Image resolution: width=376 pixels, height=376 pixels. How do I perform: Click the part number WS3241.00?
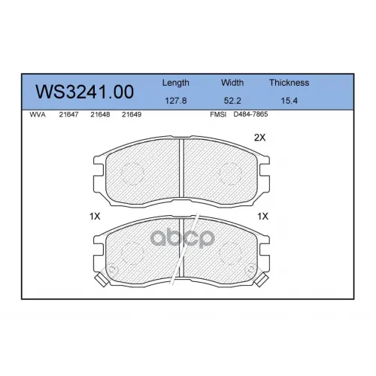click(x=84, y=92)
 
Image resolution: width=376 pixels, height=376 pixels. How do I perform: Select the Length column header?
click(x=175, y=83)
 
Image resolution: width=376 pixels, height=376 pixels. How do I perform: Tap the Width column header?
click(x=232, y=83)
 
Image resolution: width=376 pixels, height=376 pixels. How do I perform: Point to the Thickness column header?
click(x=289, y=83)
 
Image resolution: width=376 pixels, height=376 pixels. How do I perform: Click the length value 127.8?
click(x=176, y=101)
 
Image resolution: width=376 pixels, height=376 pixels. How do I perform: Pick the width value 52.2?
click(x=232, y=101)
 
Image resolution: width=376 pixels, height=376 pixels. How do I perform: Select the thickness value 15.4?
click(x=289, y=101)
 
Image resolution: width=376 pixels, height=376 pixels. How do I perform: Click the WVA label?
click(x=38, y=114)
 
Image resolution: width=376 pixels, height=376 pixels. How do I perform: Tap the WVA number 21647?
click(x=68, y=114)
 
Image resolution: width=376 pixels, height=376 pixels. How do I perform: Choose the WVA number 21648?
click(x=100, y=114)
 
